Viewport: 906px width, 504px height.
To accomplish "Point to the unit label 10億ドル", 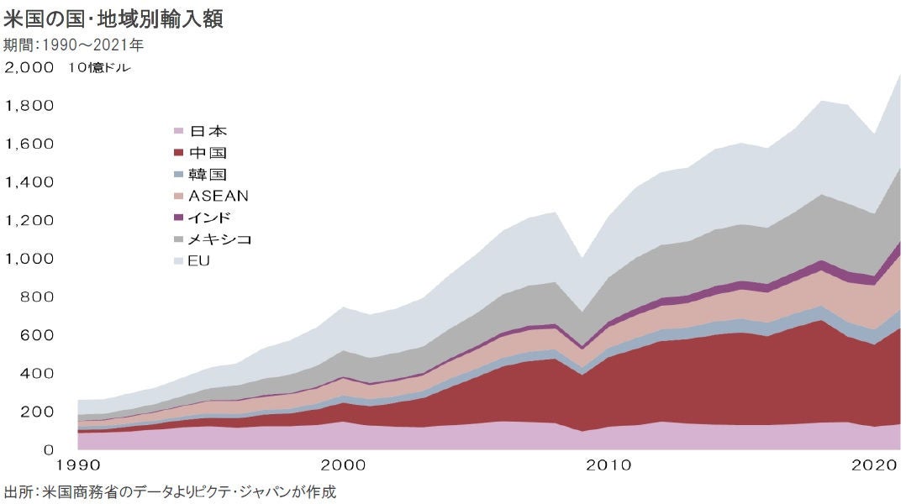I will pyautogui.click(x=100, y=68).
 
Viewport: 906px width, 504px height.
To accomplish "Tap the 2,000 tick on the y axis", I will pyautogui.click(x=30, y=68).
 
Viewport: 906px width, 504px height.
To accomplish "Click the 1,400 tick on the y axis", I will pyautogui.click(x=30, y=182).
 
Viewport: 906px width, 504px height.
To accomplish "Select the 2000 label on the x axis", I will pyautogui.click(x=343, y=464).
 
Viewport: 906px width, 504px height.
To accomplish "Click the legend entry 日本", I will pyautogui.click(x=208, y=131).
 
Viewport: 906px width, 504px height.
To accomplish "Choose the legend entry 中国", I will pyautogui.click(x=208, y=153).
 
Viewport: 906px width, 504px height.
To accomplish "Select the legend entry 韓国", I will pyautogui.click(x=208, y=174).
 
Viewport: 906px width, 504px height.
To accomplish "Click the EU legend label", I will pyautogui.click(x=199, y=261).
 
